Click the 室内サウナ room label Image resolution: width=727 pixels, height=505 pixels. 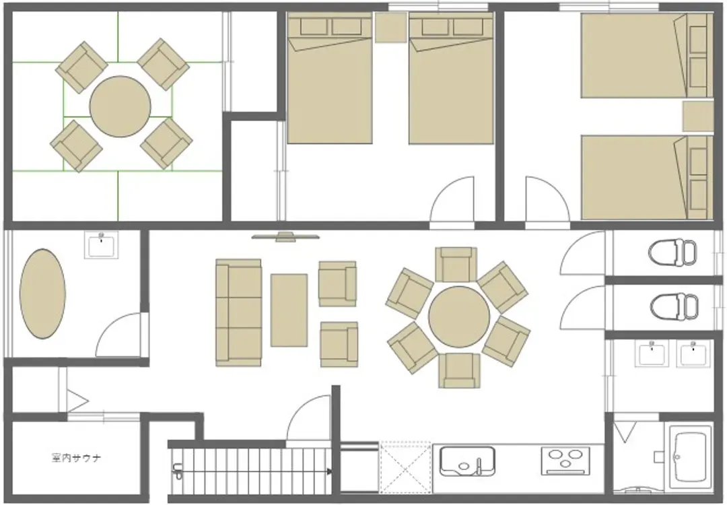tap(75, 458)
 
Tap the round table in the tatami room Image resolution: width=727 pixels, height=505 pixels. tap(120, 106)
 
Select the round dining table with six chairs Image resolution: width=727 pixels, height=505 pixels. tap(459, 316)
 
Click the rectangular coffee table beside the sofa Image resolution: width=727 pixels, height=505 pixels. tap(289, 310)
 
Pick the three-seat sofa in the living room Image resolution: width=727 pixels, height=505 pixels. tap(239, 313)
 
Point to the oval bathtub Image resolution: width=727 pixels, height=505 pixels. tap(42, 294)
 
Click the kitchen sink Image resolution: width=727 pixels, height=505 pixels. tap(467, 461)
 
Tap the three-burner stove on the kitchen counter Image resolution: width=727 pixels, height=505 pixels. tap(565, 461)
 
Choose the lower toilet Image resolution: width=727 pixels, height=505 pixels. tap(674, 306)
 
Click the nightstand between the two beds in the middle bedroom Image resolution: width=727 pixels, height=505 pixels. tap(391, 28)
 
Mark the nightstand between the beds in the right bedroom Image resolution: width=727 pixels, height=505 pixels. tap(698, 116)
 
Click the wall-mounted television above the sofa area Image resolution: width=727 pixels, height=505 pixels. tap(285, 237)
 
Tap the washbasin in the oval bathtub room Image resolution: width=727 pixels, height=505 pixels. tap(101, 244)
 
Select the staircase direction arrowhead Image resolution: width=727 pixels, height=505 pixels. tap(329, 471)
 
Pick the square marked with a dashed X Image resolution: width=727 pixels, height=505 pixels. tap(405, 467)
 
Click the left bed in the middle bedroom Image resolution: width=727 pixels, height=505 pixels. tap(330, 78)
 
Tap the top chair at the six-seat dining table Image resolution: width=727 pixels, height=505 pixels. tap(456, 265)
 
